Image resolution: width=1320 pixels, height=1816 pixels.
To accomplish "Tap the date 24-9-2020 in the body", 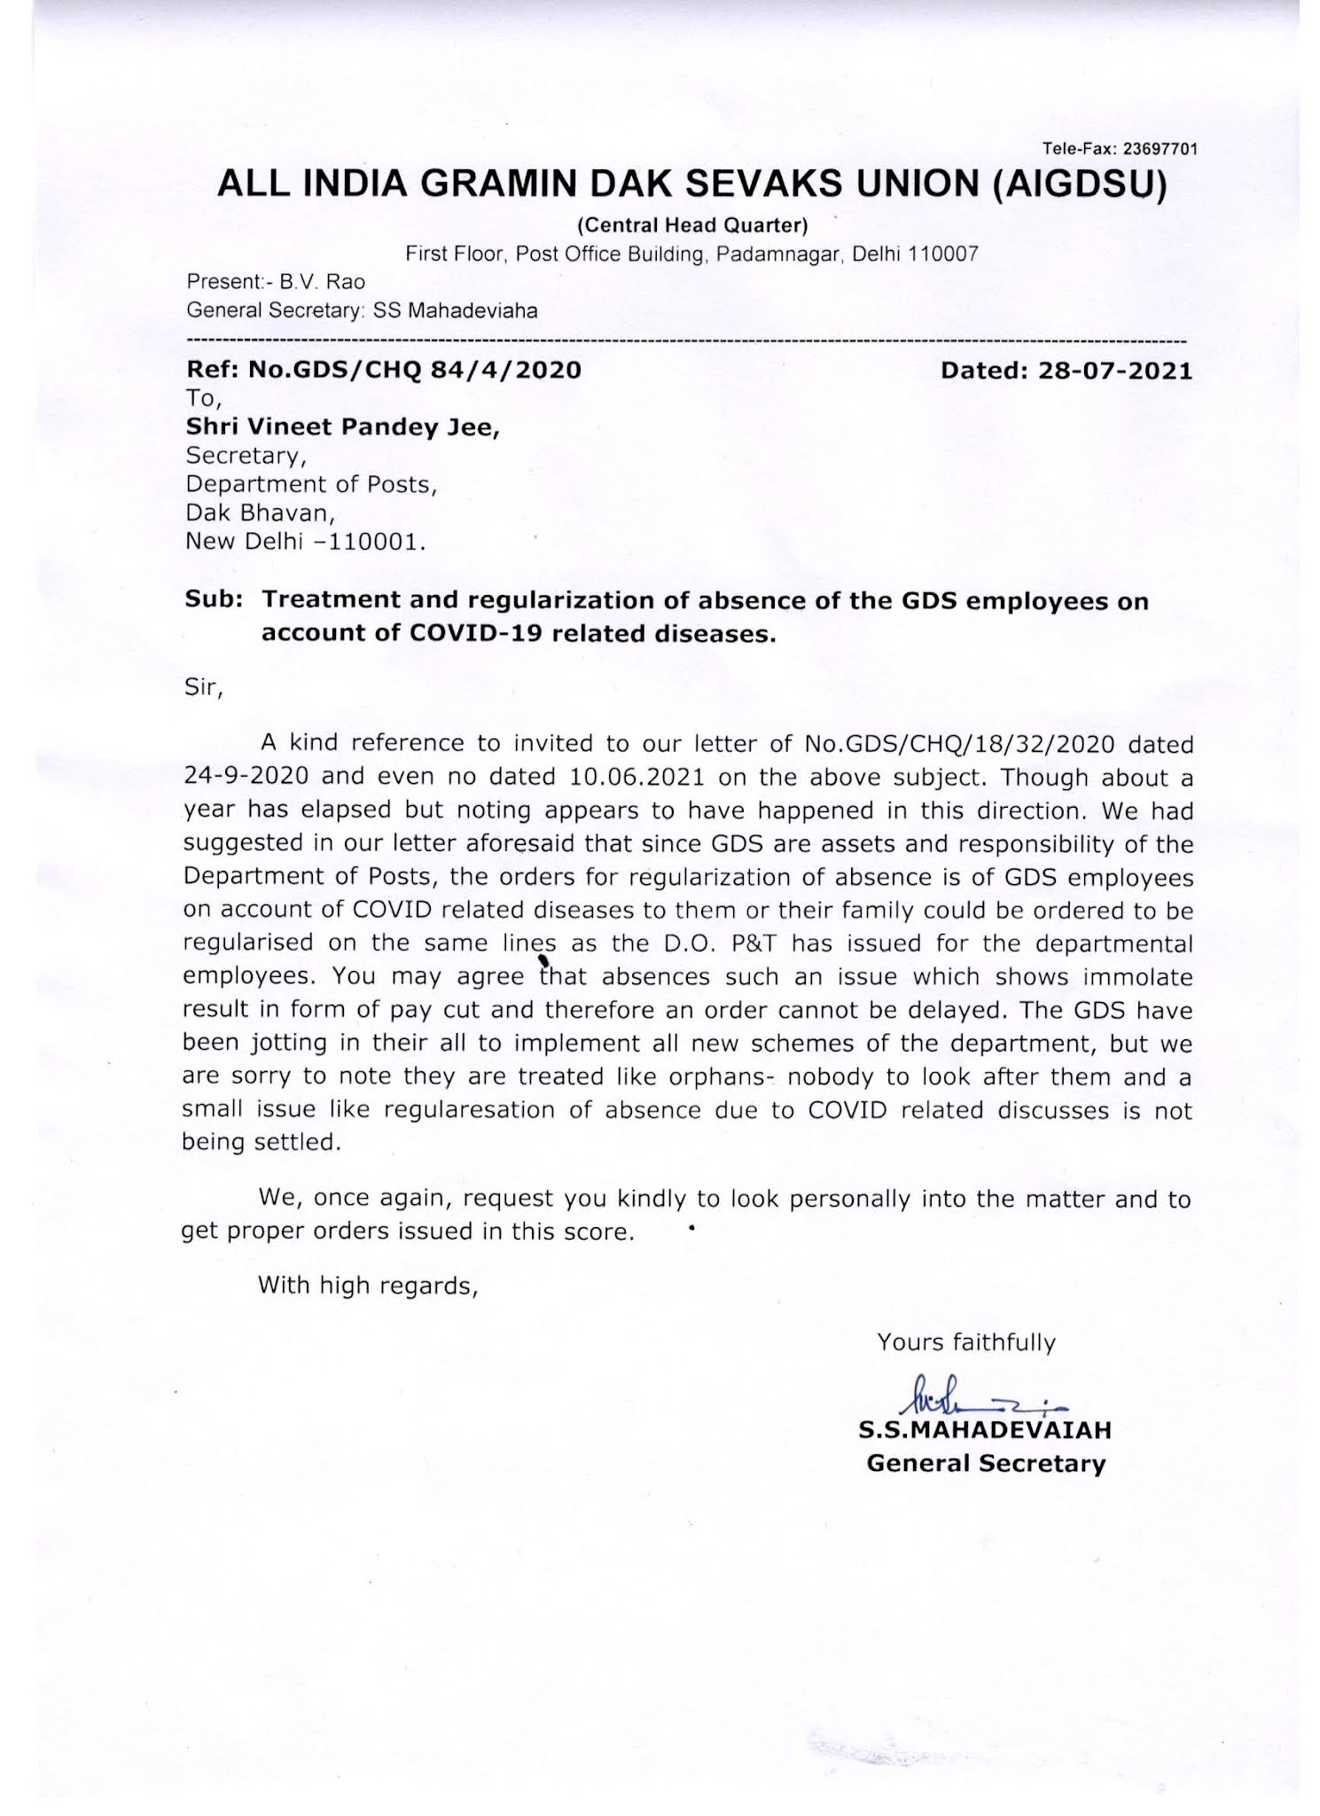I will tap(246, 778).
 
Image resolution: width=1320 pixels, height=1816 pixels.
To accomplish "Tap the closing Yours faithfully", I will tap(965, 1342).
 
